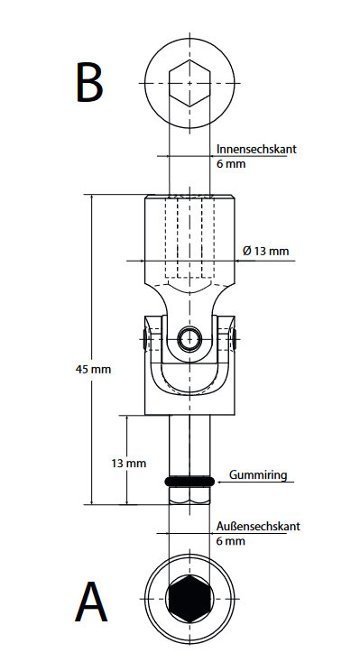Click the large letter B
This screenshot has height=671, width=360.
[89, 82]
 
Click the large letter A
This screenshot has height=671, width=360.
[91, 602]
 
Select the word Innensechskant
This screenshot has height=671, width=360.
[256, 150]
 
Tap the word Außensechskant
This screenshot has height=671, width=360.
[258, 526]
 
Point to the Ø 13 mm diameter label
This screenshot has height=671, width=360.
[266, 251]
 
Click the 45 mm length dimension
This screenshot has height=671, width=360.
[93, 369]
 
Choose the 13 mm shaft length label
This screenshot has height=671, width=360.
[129, 463]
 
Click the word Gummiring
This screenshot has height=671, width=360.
[258, 475]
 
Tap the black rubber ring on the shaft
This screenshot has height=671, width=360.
[189, 482]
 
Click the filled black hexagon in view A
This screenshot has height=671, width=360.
[189, 598]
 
